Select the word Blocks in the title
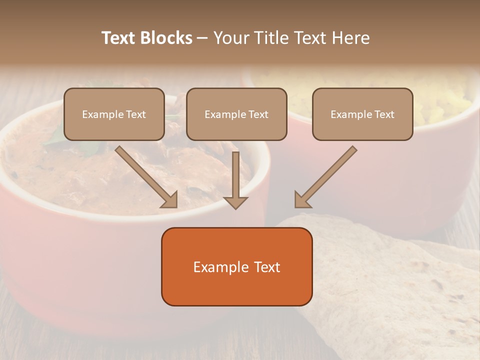[x=166, y=38]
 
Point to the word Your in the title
[x=231, y=38]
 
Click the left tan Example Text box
[x=114, y=114]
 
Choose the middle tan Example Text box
[x=236, y=114]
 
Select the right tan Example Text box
[x=362, y=114]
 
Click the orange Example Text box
[x=236, y=266]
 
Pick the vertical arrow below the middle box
[x=235, y=177]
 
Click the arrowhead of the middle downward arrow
[x=235, y=202]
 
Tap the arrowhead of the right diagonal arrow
[x=301, y=199]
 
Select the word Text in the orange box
[x=266, y=267]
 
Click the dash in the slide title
[x=202, y=38]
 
